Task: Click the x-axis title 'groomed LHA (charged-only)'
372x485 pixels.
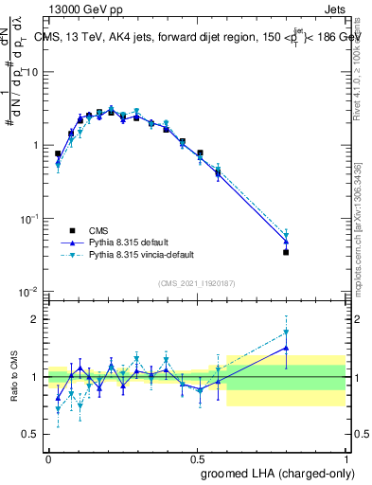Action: (283, 475)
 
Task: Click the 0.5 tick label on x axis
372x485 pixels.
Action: (197, 458)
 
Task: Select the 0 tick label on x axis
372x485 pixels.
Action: (48, 458)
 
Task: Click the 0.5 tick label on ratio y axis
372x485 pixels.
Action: (31, 435)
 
